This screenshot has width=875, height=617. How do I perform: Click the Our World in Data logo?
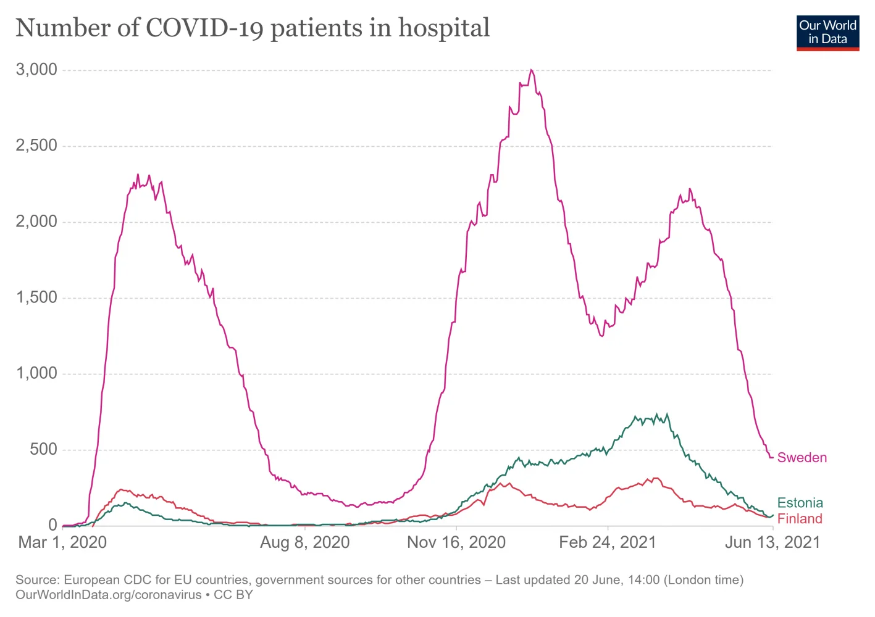click(x=827, y=33)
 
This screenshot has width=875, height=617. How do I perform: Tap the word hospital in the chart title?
click(x=444, y=28)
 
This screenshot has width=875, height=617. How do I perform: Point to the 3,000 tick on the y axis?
click(x=36, y=70)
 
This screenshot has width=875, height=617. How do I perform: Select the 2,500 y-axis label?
click(x=36, y=146)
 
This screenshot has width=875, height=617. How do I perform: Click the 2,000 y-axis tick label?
click(x=36, y=222)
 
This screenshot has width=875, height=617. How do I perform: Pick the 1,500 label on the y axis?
click(x=36, y=297)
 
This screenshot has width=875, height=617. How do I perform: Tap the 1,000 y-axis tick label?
click(x=36, y=373)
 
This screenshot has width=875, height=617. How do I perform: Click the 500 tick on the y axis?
click(x=43, y=449)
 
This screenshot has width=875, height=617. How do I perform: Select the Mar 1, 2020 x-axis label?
click(x=62, y=542)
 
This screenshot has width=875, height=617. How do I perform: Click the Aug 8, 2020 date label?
click(x=305, y=542)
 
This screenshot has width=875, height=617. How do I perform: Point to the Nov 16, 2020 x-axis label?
click(x=456, y=542)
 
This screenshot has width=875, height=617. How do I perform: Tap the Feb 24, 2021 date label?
click(x=608, y=542)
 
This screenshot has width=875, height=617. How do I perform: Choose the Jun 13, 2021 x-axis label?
click(x=772, y=542)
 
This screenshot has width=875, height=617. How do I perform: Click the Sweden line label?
click(x=802, y=458)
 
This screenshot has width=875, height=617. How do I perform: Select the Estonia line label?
click(x=800, y=503)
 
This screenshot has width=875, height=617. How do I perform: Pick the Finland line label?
click(x=800, y=519)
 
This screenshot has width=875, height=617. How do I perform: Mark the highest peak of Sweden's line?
click(x=531, y=70)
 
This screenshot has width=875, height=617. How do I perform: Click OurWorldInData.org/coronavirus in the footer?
click(x=109, y=595)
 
